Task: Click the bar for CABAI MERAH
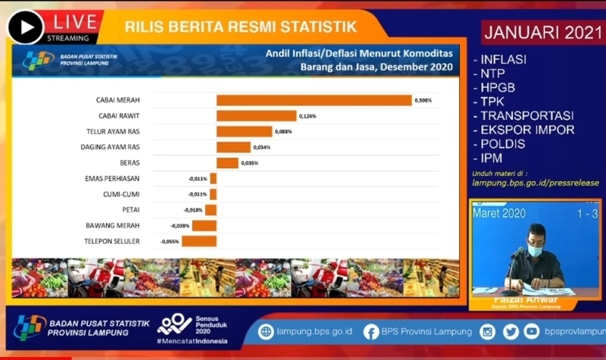click(314, 100)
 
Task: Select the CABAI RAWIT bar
click(256, 116)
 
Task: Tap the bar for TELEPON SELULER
click(199, 241)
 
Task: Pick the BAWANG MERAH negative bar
click(205, 226)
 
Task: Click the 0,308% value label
click(423, 100)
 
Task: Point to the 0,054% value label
click(261, 147)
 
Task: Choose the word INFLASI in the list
click(503, 59)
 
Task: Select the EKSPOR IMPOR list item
click(526, 130)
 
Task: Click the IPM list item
click(491, 158)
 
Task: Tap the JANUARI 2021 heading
click(540, 33)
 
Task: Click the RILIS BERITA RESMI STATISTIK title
click(240, 27)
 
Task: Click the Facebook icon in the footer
click(371, 331)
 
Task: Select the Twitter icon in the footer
click(511, 331)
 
